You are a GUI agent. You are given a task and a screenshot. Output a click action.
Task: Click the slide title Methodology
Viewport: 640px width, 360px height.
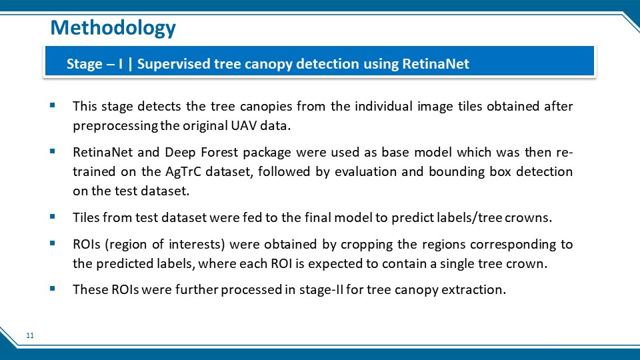[x=113, y=28]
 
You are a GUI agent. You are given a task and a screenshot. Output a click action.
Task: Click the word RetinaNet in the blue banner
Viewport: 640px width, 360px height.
[x=435, y=64]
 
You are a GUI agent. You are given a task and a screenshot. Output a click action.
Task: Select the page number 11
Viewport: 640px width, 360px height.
[x=30, y=335]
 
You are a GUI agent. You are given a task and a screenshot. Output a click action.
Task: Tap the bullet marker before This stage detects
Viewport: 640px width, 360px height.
[x=52, y=105]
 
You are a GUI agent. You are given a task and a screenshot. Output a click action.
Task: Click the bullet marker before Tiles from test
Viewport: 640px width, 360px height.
[x=52, y=217]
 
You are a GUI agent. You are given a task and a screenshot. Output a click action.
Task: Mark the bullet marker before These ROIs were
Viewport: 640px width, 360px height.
[x=52, y=289]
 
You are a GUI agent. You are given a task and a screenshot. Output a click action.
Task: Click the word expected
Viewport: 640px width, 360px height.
[x=335, y=264]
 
